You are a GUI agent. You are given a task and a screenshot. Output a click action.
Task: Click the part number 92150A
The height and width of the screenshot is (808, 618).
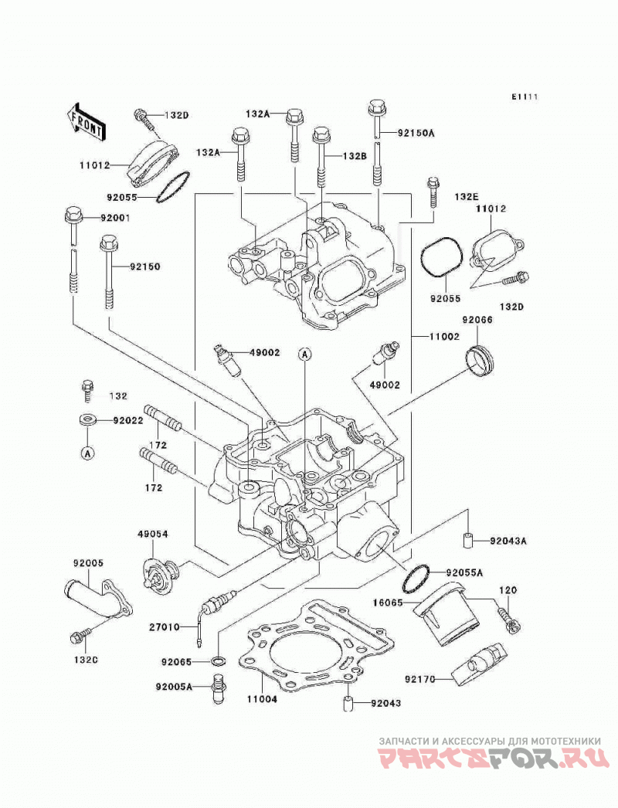[x=416, y=134]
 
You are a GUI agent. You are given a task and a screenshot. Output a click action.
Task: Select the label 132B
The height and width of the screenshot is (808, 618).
[x=354, y=156]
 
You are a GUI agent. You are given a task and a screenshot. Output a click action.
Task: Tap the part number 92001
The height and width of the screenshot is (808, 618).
[x=115, y=219]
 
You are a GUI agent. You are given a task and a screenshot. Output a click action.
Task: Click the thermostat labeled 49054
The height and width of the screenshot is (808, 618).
[x=159, y=573]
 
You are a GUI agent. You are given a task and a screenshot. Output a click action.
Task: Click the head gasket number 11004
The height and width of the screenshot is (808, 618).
[x=261, y=700]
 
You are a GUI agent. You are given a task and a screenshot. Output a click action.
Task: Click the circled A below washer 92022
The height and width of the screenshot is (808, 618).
[x=87, y=453]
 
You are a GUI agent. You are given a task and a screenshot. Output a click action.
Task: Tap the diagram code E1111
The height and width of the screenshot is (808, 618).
[x=525, y=97]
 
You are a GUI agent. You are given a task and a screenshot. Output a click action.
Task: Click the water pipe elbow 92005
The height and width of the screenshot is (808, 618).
[x=99, y=603]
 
